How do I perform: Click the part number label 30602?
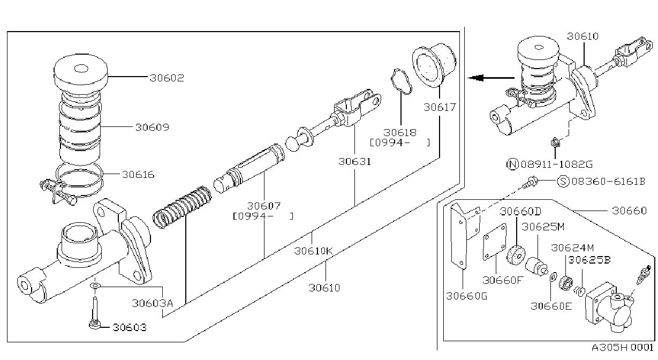click(x=167, y=78)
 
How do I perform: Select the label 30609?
click(x=152, y=127)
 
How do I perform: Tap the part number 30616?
click(x=138, y=175)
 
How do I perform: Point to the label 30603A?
click(x=152, y=303)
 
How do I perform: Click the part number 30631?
click(x=354, y=162)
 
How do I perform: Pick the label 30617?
click(x=440, y=107)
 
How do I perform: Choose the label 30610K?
click(x=313, y=251)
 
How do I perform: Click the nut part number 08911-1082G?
click(x=557, y=164)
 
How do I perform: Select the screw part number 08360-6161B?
click(x=608, y=182)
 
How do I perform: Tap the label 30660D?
click(x=520, y=211)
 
